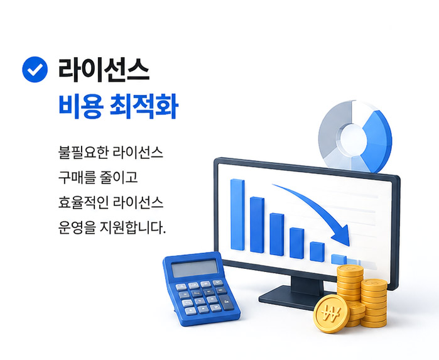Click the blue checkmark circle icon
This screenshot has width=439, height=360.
[x=35, y=69]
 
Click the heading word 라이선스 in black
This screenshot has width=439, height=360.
[x=103, y=70]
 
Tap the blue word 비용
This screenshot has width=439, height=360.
[x=80, y=106]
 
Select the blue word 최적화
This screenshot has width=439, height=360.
[x=144, y=106]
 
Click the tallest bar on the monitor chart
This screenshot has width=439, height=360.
[x=237, y=215]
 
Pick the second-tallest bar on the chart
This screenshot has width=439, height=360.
[x=257, y=225]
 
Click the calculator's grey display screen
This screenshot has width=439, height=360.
[x=194, y=268]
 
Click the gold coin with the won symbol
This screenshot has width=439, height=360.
[x=332, y=314]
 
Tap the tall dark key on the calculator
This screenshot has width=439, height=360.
[x=226, y=303]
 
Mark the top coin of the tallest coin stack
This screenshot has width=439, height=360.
[x=350, y=270]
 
